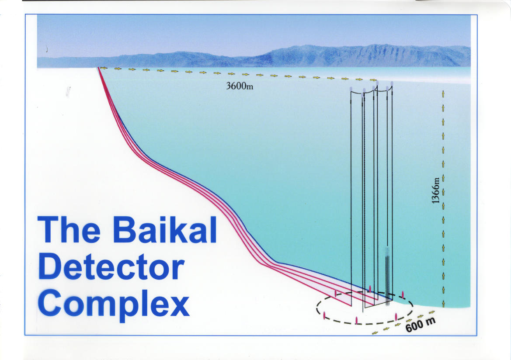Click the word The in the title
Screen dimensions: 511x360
(69, 229)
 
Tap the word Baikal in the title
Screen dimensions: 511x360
(165, 229)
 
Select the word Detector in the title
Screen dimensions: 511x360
(111, 267)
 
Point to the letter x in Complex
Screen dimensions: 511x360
(179, 305)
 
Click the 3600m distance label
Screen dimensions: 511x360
(240, 86)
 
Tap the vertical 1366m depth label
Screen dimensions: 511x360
(435, 190)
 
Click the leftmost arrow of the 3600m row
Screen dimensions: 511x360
(104, 68)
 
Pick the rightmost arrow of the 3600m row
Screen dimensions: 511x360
(373, 80)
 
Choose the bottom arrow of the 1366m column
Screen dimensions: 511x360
(443, 304)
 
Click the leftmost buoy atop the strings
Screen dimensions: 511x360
(351, 89)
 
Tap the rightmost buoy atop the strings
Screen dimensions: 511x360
(392, 84)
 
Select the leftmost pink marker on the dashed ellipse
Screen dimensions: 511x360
(324, 315)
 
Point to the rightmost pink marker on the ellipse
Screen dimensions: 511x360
(403, 294)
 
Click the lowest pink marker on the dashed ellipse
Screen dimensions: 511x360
(357, 320)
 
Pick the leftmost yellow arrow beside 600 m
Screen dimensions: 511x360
(375, 333)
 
